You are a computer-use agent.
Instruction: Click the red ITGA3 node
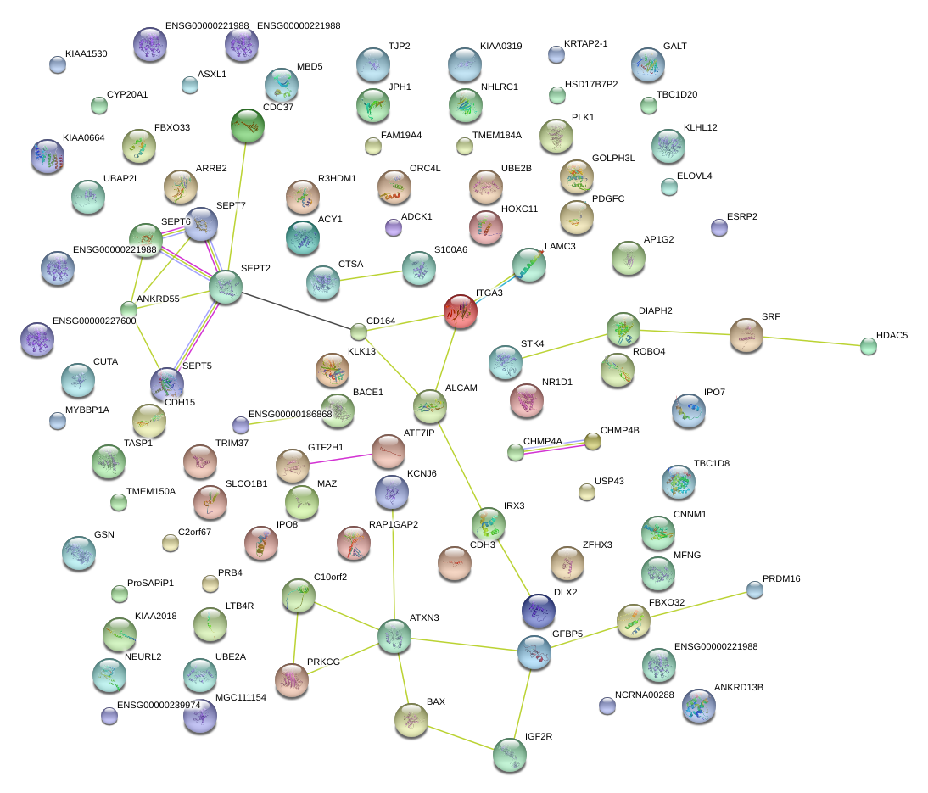click(461, 311)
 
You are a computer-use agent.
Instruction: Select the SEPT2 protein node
click(226, 288)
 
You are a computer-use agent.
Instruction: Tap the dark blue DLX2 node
click(538, 610)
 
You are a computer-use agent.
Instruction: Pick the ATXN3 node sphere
click(394, 636)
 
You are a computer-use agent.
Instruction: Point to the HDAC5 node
click(868, 345)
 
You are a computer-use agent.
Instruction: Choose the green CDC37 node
click(247, 126)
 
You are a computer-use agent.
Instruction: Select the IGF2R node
click(509, 755)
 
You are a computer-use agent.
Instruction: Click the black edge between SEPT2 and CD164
click(293, 310)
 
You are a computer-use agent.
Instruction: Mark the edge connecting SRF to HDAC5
click(815, 341)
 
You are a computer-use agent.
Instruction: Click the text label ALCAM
click(461, 388)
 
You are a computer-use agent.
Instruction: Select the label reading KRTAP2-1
click(586, 43)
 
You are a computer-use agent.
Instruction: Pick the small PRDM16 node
click(754, 589)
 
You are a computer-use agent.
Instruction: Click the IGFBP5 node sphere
click(534, 651)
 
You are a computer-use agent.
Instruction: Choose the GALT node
click(648, 64)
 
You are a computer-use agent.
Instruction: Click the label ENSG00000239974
click(159, 705)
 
